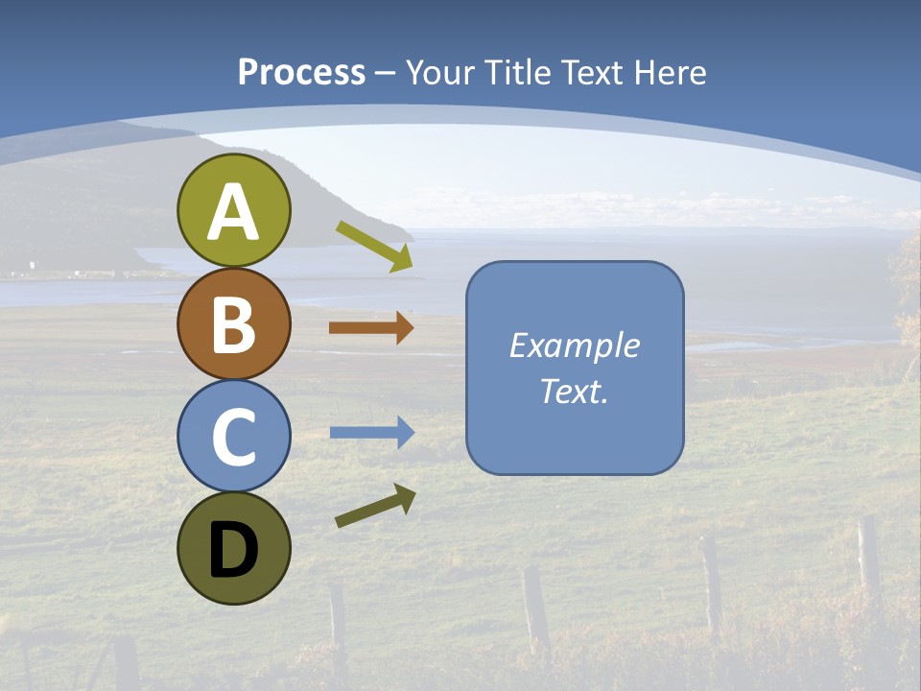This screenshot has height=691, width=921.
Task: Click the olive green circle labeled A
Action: pos(233,211)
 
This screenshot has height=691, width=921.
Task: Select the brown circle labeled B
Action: pos(233,324)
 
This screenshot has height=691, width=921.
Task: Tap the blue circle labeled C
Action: pos(233,437)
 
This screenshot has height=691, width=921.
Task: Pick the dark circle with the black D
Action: pos(233,549)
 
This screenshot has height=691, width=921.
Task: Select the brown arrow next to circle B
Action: pos(370,327)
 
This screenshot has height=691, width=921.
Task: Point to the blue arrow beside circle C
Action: pos(370,433)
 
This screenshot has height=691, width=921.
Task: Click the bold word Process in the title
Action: pos(301,73)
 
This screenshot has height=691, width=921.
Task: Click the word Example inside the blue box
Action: pos(574,345)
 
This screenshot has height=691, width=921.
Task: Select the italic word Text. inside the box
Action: pos(574,392)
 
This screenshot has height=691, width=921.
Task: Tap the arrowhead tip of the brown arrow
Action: pos(405,327)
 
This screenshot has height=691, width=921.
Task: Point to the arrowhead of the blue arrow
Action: pos(405,433)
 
